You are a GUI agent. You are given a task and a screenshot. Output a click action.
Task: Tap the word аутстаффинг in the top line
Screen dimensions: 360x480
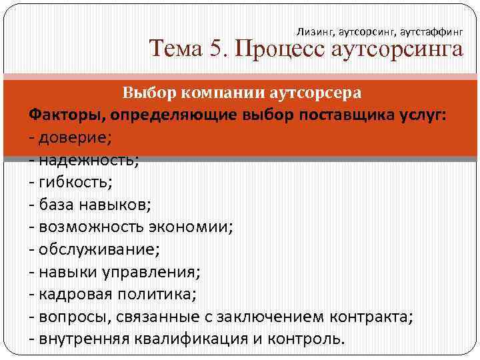(x=432, y=31)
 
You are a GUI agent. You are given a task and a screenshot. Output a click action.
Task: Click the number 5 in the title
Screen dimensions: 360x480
(x=213, y=49)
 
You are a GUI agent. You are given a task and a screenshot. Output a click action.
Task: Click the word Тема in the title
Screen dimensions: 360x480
(x=175, y=49)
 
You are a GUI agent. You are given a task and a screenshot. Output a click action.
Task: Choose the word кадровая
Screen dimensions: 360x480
(x=73, y=293)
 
